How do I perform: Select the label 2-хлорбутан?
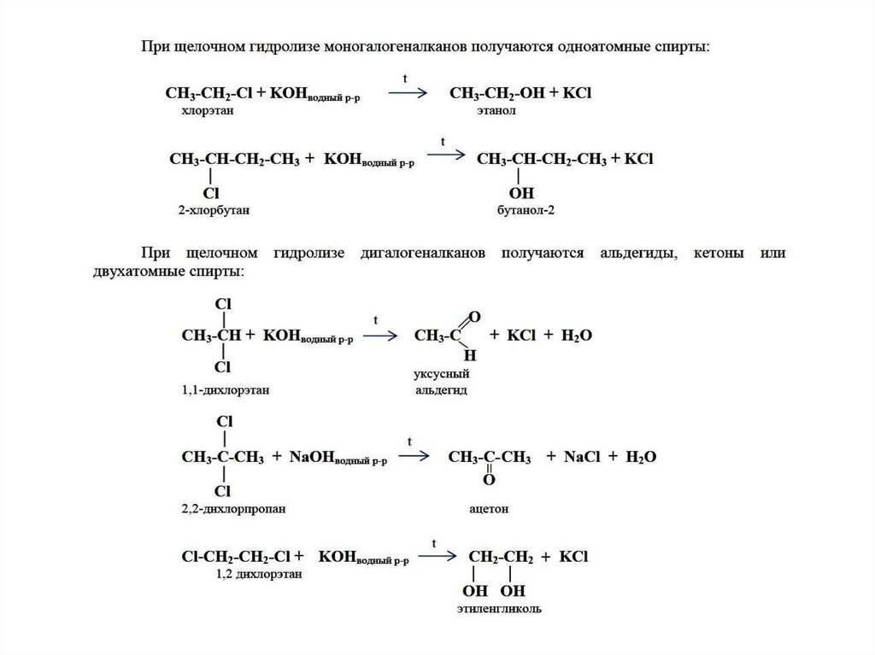pos(214,210)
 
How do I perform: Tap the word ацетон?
pos(489,509)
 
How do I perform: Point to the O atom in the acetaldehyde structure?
pos(474,317)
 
